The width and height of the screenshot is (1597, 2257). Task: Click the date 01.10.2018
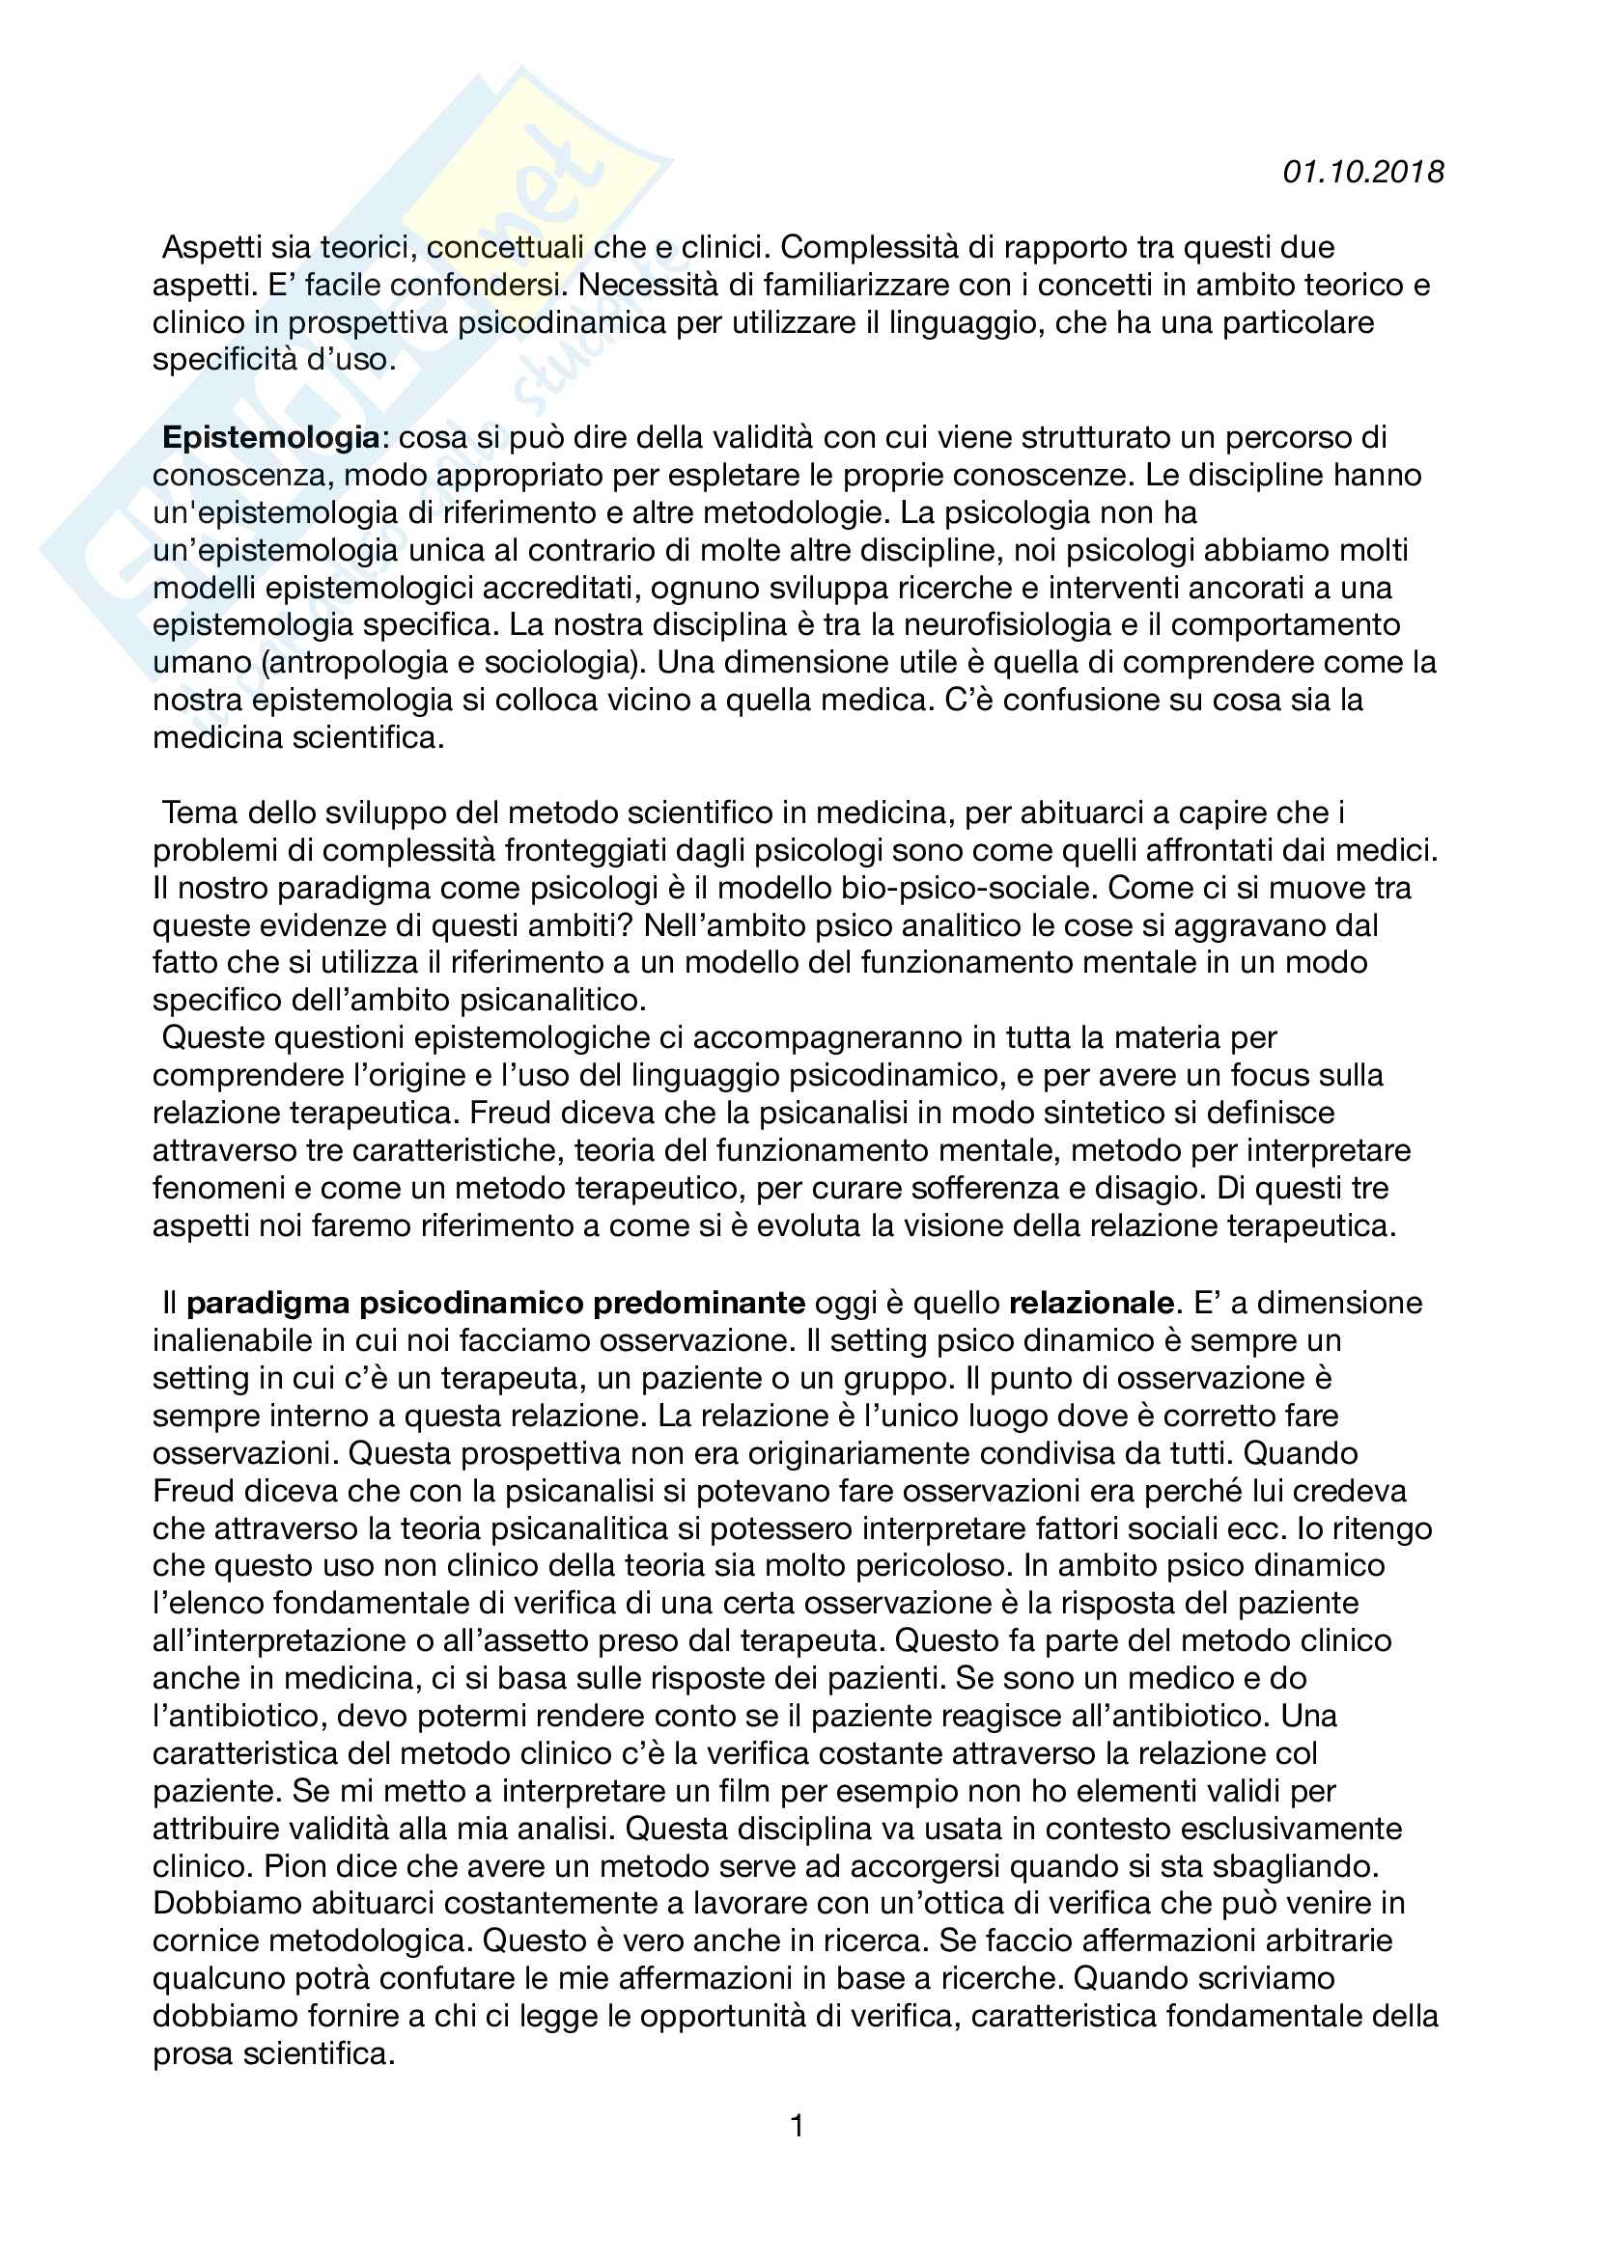coord(1363,173)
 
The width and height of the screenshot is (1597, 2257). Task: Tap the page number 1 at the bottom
coord(798,2127)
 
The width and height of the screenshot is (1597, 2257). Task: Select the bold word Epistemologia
coord(270,437)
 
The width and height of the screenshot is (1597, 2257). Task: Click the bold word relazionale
coord(1092,1304)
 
